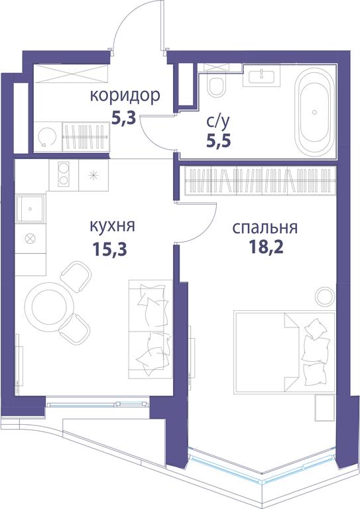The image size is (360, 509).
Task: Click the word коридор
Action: (x=125, y=96)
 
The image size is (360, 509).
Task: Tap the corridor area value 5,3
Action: (x=123, y=118)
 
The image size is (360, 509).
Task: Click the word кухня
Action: (x=112, y=225)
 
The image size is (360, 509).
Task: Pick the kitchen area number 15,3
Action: (x=109, y=249)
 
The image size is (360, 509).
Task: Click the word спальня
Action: (x=265, y=228)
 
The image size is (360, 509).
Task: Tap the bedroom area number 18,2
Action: (x=266, y=247)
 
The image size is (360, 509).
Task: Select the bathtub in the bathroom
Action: (x=314, y=112)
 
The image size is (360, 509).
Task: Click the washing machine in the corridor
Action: (x=48, y=137)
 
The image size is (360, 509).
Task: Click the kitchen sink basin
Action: (x=30, y=209)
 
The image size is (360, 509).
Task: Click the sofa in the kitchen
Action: (x=150, y=329)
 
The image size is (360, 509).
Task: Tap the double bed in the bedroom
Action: (x=284, y=353)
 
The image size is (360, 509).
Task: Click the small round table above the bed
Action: (x=325, y=296)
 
